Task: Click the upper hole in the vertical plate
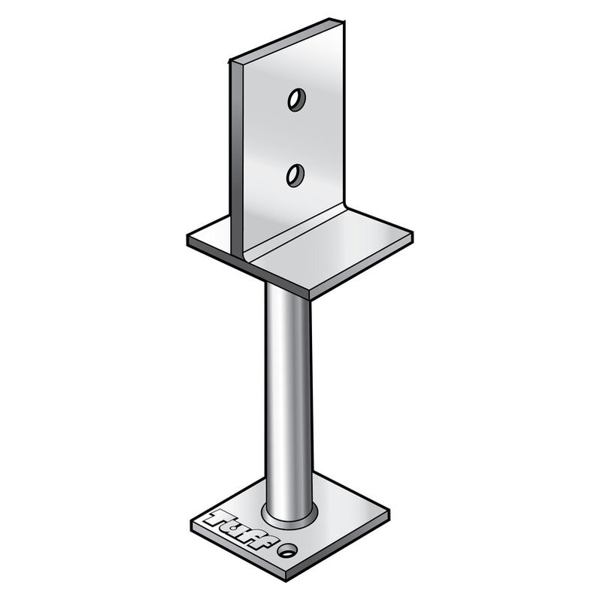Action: point(296,99)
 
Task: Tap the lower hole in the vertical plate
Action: point(295,175)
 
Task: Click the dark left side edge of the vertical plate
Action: point(235,150)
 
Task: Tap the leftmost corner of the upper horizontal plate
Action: point(187,240)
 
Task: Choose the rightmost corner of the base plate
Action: point(389,514)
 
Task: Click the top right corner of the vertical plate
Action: point(344,20)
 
